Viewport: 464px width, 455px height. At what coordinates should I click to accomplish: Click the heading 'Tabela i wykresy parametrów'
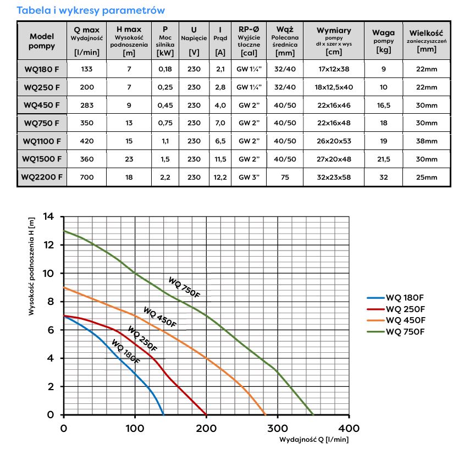point(91,10)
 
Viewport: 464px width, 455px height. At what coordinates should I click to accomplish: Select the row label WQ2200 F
point(42,177)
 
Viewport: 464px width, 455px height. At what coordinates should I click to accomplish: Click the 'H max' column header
point(129,41)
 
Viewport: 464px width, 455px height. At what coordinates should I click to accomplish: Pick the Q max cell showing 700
point(87,177)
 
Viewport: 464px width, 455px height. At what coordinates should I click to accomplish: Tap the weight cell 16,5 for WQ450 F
point(383,105)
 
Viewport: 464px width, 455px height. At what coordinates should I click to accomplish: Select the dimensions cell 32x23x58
point(334,177)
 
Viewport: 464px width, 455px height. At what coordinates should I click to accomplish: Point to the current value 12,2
point(220,177)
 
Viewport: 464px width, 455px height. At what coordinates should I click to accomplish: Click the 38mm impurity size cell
point(427,141)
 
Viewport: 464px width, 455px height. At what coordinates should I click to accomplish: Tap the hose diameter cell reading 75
point(284,177)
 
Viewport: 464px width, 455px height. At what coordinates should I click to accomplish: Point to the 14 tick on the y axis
point(49,217)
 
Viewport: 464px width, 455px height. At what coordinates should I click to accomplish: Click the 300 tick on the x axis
point(277,428)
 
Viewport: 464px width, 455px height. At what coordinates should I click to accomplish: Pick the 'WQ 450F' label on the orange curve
point(160,317)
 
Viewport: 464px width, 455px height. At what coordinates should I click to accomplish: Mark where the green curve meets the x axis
point(313,415)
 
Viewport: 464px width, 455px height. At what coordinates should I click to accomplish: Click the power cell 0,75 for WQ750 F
point(165,123)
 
